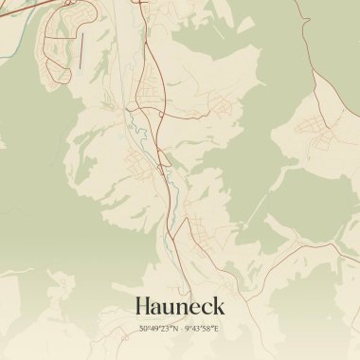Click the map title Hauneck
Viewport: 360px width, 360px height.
tap(180, 306)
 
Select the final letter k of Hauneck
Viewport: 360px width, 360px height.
tap(218, 306)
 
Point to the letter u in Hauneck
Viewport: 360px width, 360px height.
tap(172, 308)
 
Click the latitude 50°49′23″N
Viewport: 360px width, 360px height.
tap(158, 329)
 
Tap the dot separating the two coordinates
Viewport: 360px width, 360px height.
tap(180, 329)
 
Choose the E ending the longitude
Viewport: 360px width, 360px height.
tap(217, 329)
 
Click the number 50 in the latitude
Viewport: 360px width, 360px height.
tap(143, 329)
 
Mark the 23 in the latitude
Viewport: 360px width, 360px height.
tap(166, 329)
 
